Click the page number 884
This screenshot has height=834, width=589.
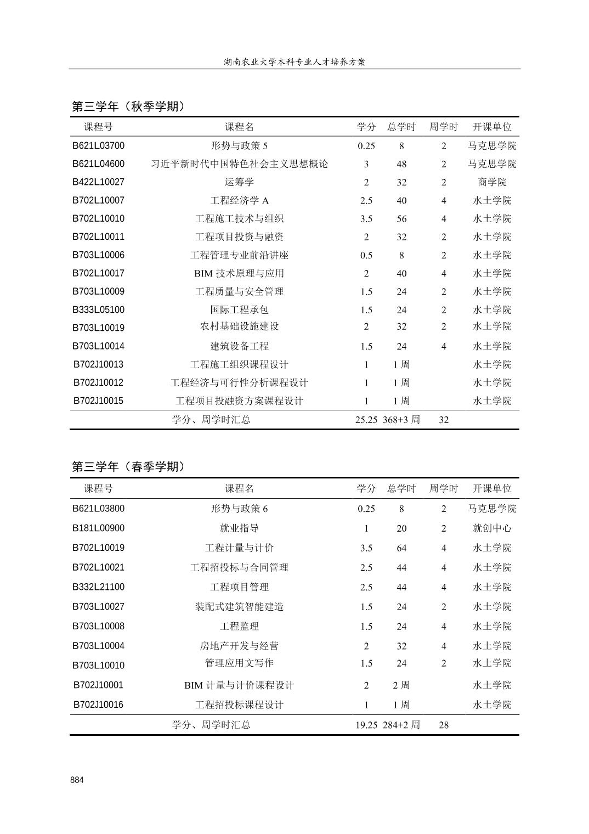[77, 780]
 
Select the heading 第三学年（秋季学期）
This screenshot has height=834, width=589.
[129, 106]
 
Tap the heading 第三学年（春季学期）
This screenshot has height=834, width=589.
[129, 467]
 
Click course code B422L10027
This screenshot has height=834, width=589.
[99, 182]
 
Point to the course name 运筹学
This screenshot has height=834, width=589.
[239, 182]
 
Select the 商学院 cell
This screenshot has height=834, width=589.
[492, 182]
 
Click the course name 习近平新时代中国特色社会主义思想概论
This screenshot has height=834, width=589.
[239, 164]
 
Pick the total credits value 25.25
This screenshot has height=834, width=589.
[366, 420]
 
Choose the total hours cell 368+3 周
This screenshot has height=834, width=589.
[401, 420]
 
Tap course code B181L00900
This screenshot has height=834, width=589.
[99, 528]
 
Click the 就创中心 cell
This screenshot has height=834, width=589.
[492, 528]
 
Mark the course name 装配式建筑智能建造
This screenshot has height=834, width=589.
[239, 607]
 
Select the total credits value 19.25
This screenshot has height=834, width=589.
[366, 725]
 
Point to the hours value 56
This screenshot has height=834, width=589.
[401, 219]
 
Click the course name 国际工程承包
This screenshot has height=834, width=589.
[239, 310]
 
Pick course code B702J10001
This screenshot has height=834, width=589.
[99, 685]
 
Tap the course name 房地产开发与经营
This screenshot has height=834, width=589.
[239, 646]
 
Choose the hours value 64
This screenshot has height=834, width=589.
[401, 548]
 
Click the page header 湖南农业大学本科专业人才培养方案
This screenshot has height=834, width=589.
[294, 62]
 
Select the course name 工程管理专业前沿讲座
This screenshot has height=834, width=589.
[239, 255]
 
